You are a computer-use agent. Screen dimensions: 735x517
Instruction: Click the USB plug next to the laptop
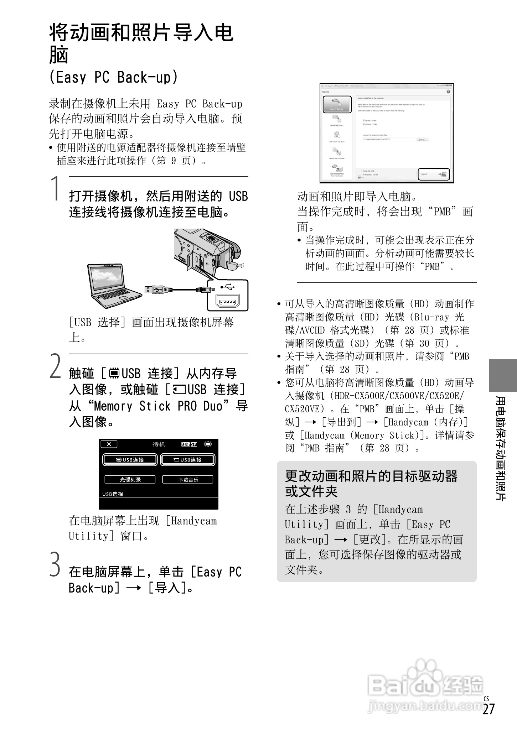point(157,289)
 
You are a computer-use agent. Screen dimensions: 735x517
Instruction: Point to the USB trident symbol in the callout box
point(227,287)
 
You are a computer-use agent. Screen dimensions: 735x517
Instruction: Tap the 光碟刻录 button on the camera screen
point(130,479)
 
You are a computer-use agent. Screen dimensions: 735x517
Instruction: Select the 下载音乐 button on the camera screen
point(188,479)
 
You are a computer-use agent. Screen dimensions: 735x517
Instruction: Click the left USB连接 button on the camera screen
point(130,460)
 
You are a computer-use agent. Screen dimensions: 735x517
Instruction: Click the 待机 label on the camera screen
point(159,444)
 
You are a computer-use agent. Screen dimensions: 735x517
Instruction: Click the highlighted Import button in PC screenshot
point(434,174)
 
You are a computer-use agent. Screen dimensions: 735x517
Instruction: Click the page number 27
point(488,719)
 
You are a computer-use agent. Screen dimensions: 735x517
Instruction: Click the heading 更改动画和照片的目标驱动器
point(371,476)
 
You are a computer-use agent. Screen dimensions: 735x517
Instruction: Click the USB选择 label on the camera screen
point(113,494)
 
